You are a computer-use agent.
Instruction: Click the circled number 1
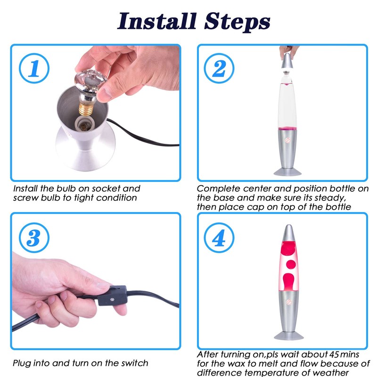[x=34, y=68]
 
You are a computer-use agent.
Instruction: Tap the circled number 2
[x=219, y=68]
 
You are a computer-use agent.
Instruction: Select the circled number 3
[x=34, y=238]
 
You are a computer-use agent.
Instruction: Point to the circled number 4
[x=219, y=238]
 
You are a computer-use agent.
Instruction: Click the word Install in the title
[x=157, y=21]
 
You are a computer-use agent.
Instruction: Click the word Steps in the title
[x=238, y=22]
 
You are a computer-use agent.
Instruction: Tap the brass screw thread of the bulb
[x=86, y=110]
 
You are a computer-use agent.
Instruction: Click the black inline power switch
[x=112, y=295]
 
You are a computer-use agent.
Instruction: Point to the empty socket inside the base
[x=83, y=124]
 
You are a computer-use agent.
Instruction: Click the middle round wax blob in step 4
[x=291, y=264]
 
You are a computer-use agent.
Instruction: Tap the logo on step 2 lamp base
[x=288, y=140]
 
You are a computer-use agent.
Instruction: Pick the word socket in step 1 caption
[x=105, y=188]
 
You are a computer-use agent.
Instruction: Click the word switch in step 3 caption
[x=135, y=363]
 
